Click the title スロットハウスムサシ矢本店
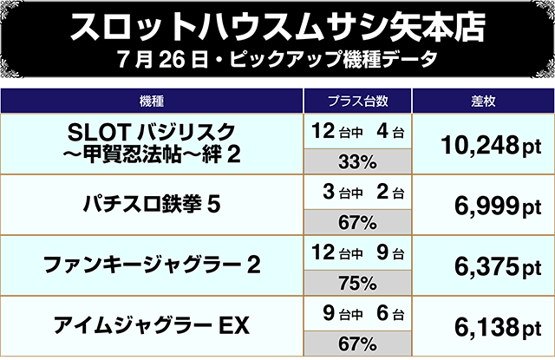(277, 29)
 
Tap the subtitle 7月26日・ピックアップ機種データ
(277, 64)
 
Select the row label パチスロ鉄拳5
(152, 205)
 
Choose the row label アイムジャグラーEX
(152, 326)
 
